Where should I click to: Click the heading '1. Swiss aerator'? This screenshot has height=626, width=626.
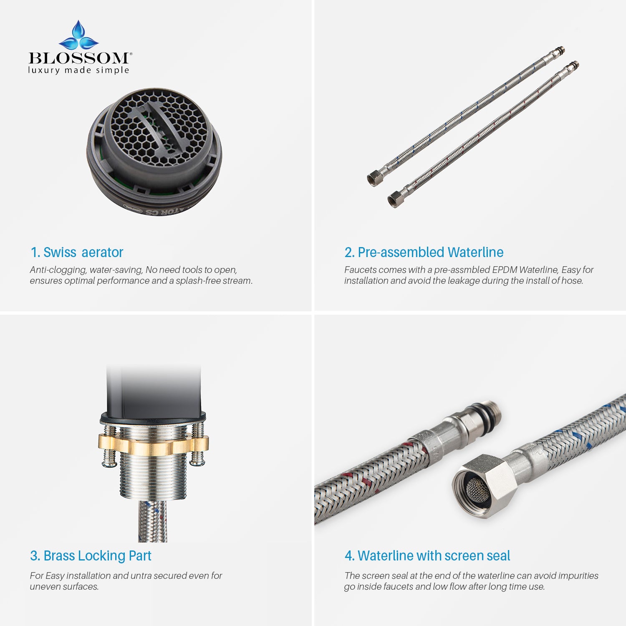(77, 252)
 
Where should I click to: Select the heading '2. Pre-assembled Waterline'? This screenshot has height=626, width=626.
(424, 252)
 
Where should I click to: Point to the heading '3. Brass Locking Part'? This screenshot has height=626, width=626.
(91, 556)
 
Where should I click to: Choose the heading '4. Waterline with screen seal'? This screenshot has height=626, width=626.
(427, 556)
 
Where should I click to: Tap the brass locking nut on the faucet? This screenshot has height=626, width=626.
(153, 445)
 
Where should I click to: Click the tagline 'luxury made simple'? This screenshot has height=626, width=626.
(79, 70)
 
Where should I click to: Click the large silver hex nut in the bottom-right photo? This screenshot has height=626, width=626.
(485, 485)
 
